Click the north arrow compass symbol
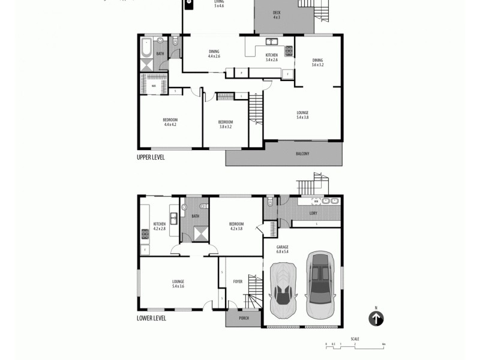[x=376, y=319]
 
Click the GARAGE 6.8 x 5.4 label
[x=282, y=248]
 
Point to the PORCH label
[x=244, y=318]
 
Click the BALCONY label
[x=302, y=154]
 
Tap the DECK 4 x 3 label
[x=277, y=15]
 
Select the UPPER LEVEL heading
[x=151, y=157]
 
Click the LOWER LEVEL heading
[x=151, y=319]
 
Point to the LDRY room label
[x=313, y=214]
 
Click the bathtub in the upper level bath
[x=146, y=49]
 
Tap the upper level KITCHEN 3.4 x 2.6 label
[x=271, y=58]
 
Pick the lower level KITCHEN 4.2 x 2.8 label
[x=159, y=226]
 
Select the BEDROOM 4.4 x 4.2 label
[x=170, y=122]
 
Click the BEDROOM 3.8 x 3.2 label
[x=225, y=124]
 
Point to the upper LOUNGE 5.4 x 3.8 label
[x=302, y=115]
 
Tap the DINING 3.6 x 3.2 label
[x=317, y=62]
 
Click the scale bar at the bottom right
[x=355, y=344]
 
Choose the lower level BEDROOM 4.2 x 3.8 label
[x=236, y=226]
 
